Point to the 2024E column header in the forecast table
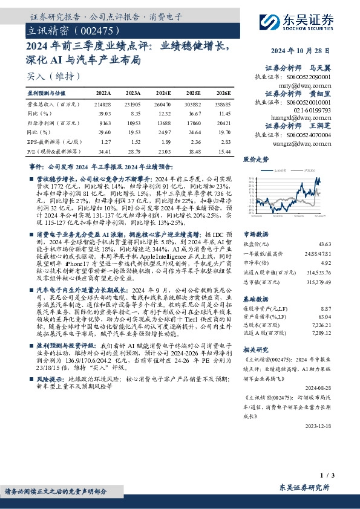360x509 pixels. [x=163, y=93]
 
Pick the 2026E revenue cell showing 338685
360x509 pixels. [x=221, y=103]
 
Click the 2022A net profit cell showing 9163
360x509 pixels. [x=105, y=122]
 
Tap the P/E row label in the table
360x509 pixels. [x=53, y=149]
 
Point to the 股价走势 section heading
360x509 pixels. [x=255, y=160]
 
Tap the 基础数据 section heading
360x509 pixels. [x=256, y=299]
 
